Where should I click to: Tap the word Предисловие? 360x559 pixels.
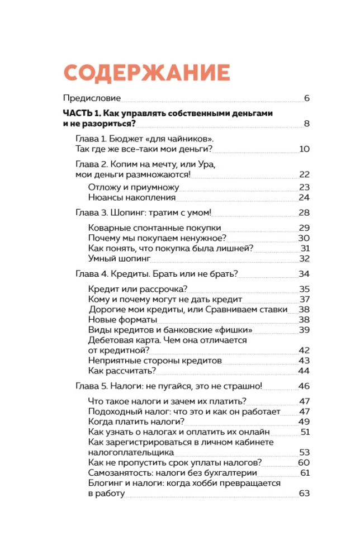pyautogui.click(x=91, y=99)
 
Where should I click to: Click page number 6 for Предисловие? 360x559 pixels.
pyautogui.click(x=306, y=99)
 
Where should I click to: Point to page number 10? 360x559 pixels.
pyautogui.click(x=304, y=149)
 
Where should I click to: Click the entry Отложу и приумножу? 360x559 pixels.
pyautogui.click(x=128, y=187)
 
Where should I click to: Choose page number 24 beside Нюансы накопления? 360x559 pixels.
pyautogui.click(x=304, y=197)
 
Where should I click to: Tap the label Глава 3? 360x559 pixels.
pyautogui.click(x=90, y=213)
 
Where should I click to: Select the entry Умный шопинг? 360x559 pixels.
pyautogui.click(x=119, y=258)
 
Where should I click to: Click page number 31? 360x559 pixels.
pyautogui.click(x=305, y=248)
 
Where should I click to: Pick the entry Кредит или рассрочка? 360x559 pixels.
pyautogui.click(x=138, y=289)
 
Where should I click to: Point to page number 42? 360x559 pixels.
pyautogui.click(x=304, y=350)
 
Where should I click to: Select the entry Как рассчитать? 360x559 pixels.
pyautogui.click(x=122, y=371)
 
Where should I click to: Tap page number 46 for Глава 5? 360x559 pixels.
pyautogui.click(x=304, y=386)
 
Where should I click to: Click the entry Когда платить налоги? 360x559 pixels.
pyautogui.click(x=136, y=421)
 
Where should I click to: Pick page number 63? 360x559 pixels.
pyautogui.click(x=304, y=493)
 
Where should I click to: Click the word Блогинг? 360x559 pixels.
pyautogui.click(x=105, y=483)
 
